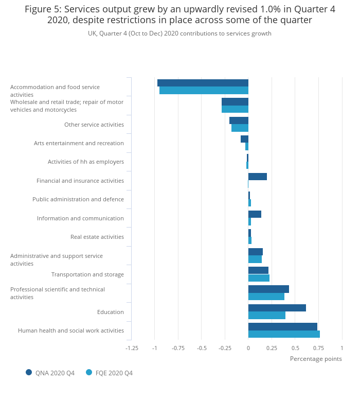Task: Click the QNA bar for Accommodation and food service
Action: tap(203, 83)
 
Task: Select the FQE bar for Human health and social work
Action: tap(284, 334)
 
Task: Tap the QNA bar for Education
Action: tap(277, 308)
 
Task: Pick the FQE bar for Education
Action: tap(266, 316)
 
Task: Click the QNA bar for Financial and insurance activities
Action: tap(257, 177)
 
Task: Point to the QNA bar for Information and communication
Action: tap(255, 214)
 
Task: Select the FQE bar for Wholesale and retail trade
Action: tap(235, 109)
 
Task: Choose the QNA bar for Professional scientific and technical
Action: tap(268, 289)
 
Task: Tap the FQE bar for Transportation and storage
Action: tap(259, 278)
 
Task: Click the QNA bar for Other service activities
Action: tap(239, 120)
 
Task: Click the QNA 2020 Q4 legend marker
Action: tap(29, 372)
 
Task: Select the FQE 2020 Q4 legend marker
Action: tap(89, 372)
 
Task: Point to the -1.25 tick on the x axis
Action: tap(132, 348)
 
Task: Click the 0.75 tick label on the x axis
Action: tap(318, 348)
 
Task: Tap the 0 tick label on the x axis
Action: tap(248, 348)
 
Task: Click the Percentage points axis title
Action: tap(315, 359)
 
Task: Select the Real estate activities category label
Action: tap(97, 237)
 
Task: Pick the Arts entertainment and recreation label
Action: tap(79, 143)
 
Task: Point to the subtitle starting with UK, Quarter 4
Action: tap(179, 33)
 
